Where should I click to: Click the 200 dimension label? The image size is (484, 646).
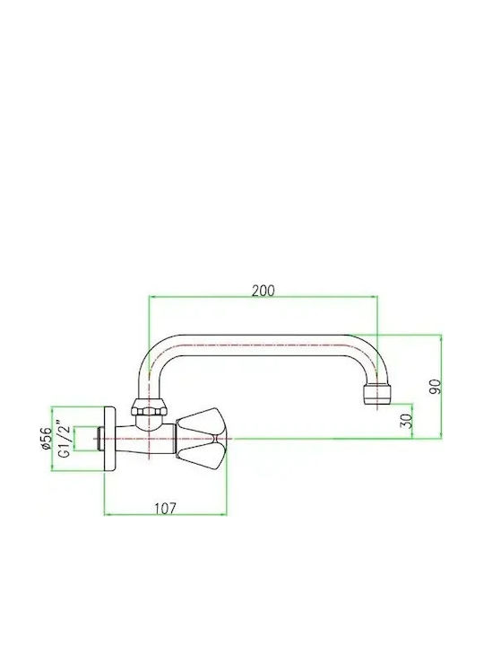coord(263,291)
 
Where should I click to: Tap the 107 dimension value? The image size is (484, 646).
coord(165,509)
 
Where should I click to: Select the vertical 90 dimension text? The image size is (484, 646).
coord(435,387)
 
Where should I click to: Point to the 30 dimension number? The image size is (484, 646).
coord(406,421)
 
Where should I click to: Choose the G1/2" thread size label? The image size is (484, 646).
coord(65,439)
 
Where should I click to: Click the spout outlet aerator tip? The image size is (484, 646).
coord(377,395)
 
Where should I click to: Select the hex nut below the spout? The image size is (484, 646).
coord(149,407)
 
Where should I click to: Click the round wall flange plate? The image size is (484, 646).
coord(109,439)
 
